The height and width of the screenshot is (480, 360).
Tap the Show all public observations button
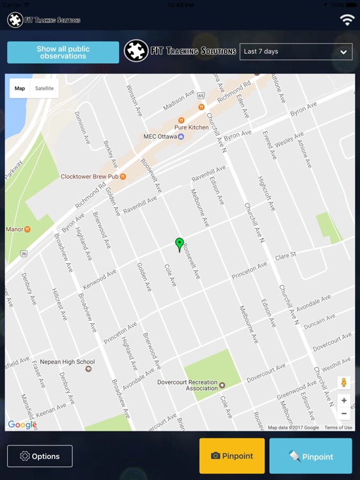point(63,52)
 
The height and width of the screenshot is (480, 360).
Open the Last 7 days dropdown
point(296,52)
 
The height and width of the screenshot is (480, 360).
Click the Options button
point(40,456)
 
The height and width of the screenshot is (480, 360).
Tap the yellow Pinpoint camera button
point(231,456)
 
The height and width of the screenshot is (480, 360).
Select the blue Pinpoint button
point(311,456)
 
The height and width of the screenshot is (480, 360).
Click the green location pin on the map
point(180,244)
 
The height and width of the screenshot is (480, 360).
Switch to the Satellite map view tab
point(45,88)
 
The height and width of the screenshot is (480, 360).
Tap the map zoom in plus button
point(344,401)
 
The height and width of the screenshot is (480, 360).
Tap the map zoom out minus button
point(344,413)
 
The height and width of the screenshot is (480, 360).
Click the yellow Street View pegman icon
point(344,383)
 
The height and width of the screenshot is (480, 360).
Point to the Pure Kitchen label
point(191,127)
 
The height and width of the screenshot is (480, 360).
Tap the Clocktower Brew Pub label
point(90,177)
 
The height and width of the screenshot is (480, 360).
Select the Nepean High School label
point(67,362)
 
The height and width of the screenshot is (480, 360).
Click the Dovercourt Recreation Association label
point(188,385)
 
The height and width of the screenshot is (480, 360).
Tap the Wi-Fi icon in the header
point(347,20)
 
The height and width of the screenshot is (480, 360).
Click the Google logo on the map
point(22,424)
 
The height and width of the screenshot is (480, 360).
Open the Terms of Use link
point(338,428)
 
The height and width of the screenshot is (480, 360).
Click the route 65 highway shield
point(201,95)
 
